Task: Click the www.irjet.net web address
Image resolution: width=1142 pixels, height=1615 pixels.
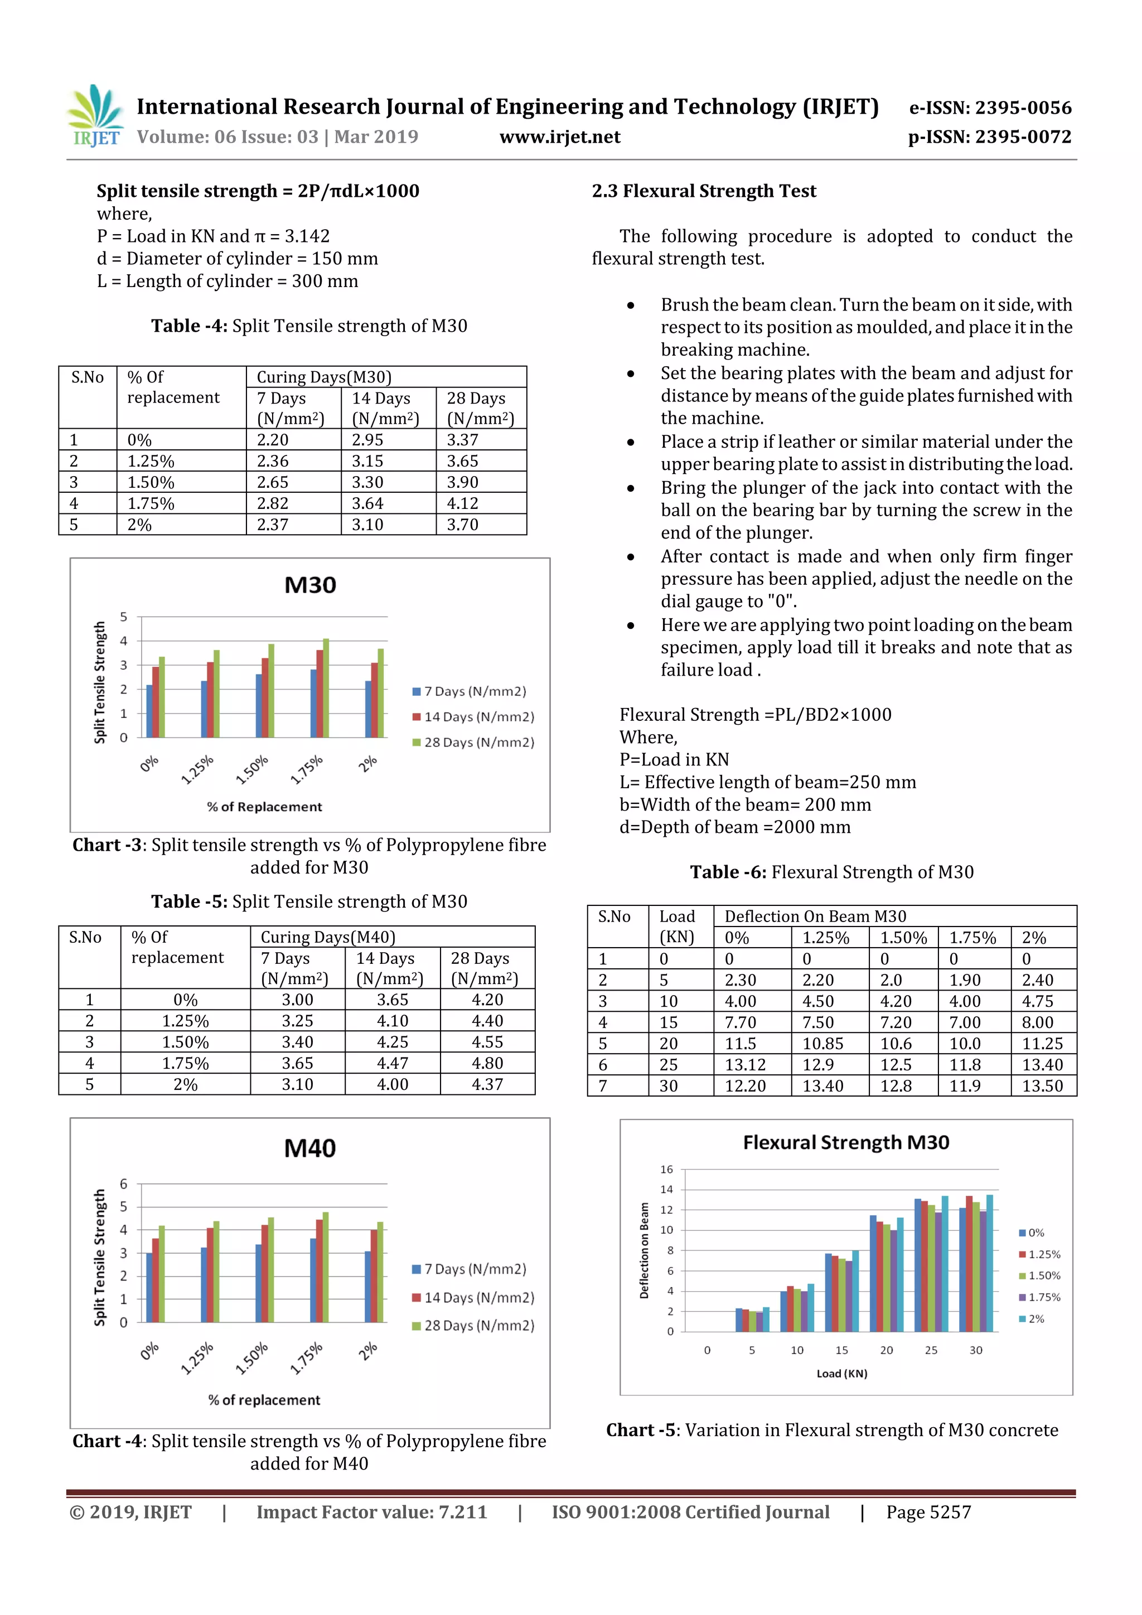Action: click(x=559, y=137)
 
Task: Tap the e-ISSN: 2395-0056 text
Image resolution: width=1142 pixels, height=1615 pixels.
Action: click(x=990, y=108)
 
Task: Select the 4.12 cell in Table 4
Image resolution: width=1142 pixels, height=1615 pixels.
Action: click(x=462, y=503)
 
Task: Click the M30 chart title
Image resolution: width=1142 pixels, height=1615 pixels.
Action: click(x=310, y=585)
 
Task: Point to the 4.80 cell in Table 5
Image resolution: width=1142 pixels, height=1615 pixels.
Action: click(x=487, y=1063)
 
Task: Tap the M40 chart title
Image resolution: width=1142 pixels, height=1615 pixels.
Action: click(x=310, y=1148)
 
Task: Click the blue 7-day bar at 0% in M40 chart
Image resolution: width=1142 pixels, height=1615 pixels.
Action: click(x=149, y=1287)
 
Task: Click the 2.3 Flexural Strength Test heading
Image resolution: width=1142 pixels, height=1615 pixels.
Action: click(x=704, y=191)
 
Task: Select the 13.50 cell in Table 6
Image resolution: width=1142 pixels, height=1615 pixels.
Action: click(x=1042, y=1086)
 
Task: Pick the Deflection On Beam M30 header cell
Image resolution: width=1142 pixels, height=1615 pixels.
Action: click(x=815, y=916)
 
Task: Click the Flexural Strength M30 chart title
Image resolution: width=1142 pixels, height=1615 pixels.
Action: click(x=846, y=1142)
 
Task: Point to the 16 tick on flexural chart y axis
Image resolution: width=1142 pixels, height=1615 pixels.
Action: click(x=666, y=1170)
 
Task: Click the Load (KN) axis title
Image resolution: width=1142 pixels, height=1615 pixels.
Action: click(x=841, y=1374)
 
